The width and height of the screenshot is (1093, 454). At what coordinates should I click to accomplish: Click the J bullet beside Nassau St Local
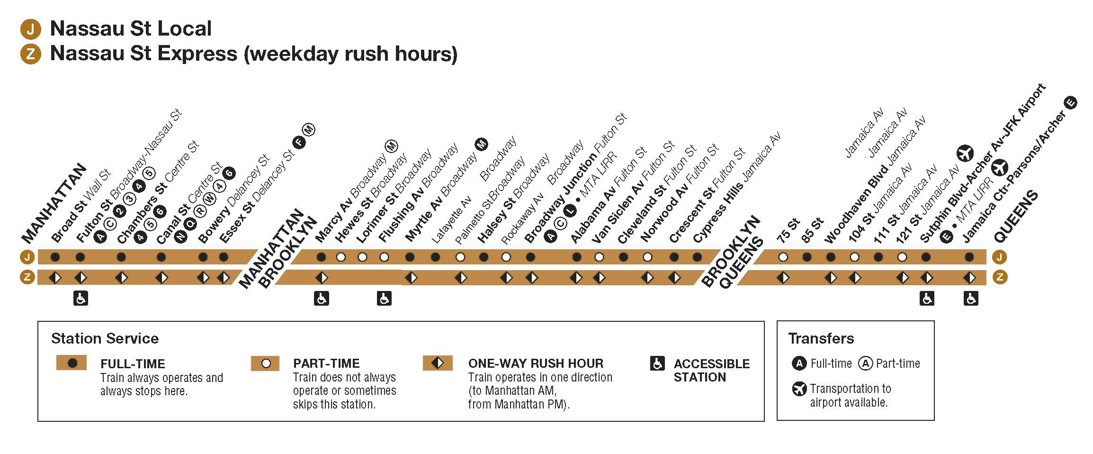pyautogui.click(x=30, y=29)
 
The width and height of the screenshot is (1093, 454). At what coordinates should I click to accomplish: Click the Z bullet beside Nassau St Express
pyautogui.click(x=30, y=54)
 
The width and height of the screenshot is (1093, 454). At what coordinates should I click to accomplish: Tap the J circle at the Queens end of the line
pyautogui.click(x=1000, y=257)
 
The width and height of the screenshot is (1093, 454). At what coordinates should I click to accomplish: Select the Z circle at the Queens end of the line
pyautogui.click(x=1000, y=277)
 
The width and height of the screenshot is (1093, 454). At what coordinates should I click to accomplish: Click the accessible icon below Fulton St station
pyautogui.click(x=81, y=299)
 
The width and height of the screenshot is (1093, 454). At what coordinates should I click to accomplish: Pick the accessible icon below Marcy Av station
pyautogui.click(x=322, y=299)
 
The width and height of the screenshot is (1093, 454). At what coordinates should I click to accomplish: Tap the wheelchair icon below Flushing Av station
pyautogui.click(x=384, y=299)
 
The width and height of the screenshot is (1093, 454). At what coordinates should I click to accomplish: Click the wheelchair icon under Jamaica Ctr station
pyautogui.click(x=971, y=299)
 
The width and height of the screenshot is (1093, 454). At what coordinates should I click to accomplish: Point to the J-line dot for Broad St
pyautogui.click(x=55, y=257)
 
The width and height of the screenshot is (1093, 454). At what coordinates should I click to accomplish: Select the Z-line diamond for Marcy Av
pyautogui.click(x=322, y=277)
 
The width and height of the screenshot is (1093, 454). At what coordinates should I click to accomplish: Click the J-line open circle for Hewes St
pyautogui.click(x=340, y=257)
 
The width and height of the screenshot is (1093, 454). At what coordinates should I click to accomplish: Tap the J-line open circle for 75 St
pyautogui.click(x=783, y=257)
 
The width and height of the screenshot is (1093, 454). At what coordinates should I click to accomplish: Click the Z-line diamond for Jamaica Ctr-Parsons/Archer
pyautogui.click(x=969, y=277)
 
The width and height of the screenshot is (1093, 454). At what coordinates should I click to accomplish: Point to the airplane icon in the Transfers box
pyautogui.click(x=799, y=390)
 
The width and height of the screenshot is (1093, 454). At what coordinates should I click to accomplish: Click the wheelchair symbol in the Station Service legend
pyautogui.click(x=657, y=364)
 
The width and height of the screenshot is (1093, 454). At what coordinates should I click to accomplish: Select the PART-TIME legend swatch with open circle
pyautogui.click(x=266, y=364)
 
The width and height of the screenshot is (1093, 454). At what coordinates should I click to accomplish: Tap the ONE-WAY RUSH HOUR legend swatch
pyautogui.click(x=438, y=363)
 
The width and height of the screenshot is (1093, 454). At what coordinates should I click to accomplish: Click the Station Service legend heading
pyautogui.click(x=105, y=338)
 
